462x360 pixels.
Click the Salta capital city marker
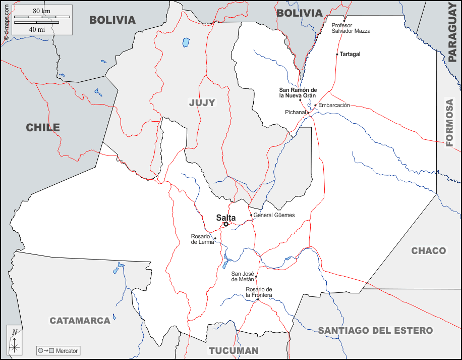(226, 224)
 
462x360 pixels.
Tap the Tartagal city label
(350, 54)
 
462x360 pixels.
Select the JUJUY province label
(202, 103)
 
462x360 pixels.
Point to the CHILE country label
(43, 128)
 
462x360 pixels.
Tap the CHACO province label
(428, 251)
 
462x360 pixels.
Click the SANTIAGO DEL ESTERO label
(375, 331)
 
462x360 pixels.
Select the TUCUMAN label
(234, 350)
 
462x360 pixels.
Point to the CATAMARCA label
(80, 321)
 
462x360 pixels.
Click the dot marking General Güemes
(251, 215)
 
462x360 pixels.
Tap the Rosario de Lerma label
(202, 239)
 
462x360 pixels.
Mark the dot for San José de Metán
(256, 277)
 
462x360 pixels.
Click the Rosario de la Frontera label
(259, 292)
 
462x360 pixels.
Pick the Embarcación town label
(334, 106)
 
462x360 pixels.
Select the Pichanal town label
(295, 112)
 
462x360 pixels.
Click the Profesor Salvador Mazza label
(351, 28)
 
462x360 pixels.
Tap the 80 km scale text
(41, 11)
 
